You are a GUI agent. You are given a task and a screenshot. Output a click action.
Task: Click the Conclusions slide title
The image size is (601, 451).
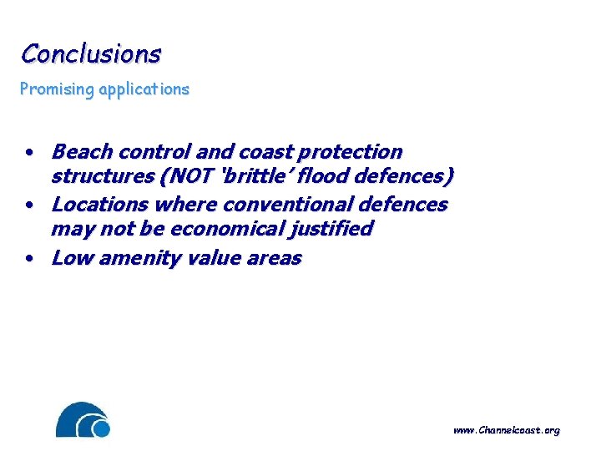(91, 53)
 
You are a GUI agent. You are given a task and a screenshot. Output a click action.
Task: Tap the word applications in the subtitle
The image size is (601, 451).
(140, 89)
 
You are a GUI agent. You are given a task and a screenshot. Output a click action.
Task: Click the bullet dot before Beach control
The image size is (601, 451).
(29, 154)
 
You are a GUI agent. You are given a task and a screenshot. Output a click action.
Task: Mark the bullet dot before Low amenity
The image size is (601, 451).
(29, 260)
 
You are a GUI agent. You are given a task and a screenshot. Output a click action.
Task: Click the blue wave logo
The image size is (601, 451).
(83, 420)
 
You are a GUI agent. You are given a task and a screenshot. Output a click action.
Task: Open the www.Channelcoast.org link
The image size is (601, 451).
(506, 430)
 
